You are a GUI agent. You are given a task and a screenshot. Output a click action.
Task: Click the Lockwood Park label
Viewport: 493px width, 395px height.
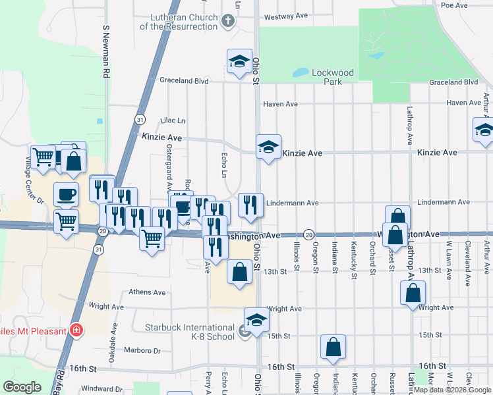click(x=333, y=77)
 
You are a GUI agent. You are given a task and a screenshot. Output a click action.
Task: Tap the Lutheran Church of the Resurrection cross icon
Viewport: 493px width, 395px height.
click(x=227, y=21)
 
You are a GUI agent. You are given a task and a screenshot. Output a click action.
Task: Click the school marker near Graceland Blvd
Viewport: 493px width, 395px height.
click(x=239, y=62)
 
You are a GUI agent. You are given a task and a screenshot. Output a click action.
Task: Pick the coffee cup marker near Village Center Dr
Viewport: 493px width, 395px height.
click(x=65, y=194)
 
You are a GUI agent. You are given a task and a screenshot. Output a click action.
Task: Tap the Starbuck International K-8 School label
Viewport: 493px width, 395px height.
click(x=189, y=332)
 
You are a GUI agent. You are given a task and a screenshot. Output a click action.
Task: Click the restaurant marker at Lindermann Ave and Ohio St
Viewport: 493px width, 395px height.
click(x=250, y=205)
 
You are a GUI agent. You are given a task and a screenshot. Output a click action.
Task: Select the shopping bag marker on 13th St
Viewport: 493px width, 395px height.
click(x=239, y=271)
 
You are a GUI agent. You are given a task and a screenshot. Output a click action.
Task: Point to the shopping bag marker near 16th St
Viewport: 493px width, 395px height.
click(x=333, y=347)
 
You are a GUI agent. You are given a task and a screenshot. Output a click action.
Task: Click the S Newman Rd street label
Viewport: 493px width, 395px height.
click(x=105, y=53)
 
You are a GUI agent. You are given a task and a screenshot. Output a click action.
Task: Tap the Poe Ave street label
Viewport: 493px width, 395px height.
click(x=454, y=5)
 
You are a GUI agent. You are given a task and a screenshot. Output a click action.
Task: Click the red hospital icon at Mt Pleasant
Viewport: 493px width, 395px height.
click(x=77, y=330)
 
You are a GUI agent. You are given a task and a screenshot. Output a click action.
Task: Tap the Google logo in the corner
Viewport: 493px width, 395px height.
click(x=22, y=387)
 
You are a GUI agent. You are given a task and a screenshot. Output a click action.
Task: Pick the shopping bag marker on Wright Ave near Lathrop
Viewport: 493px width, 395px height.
click(x=412, y=293)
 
